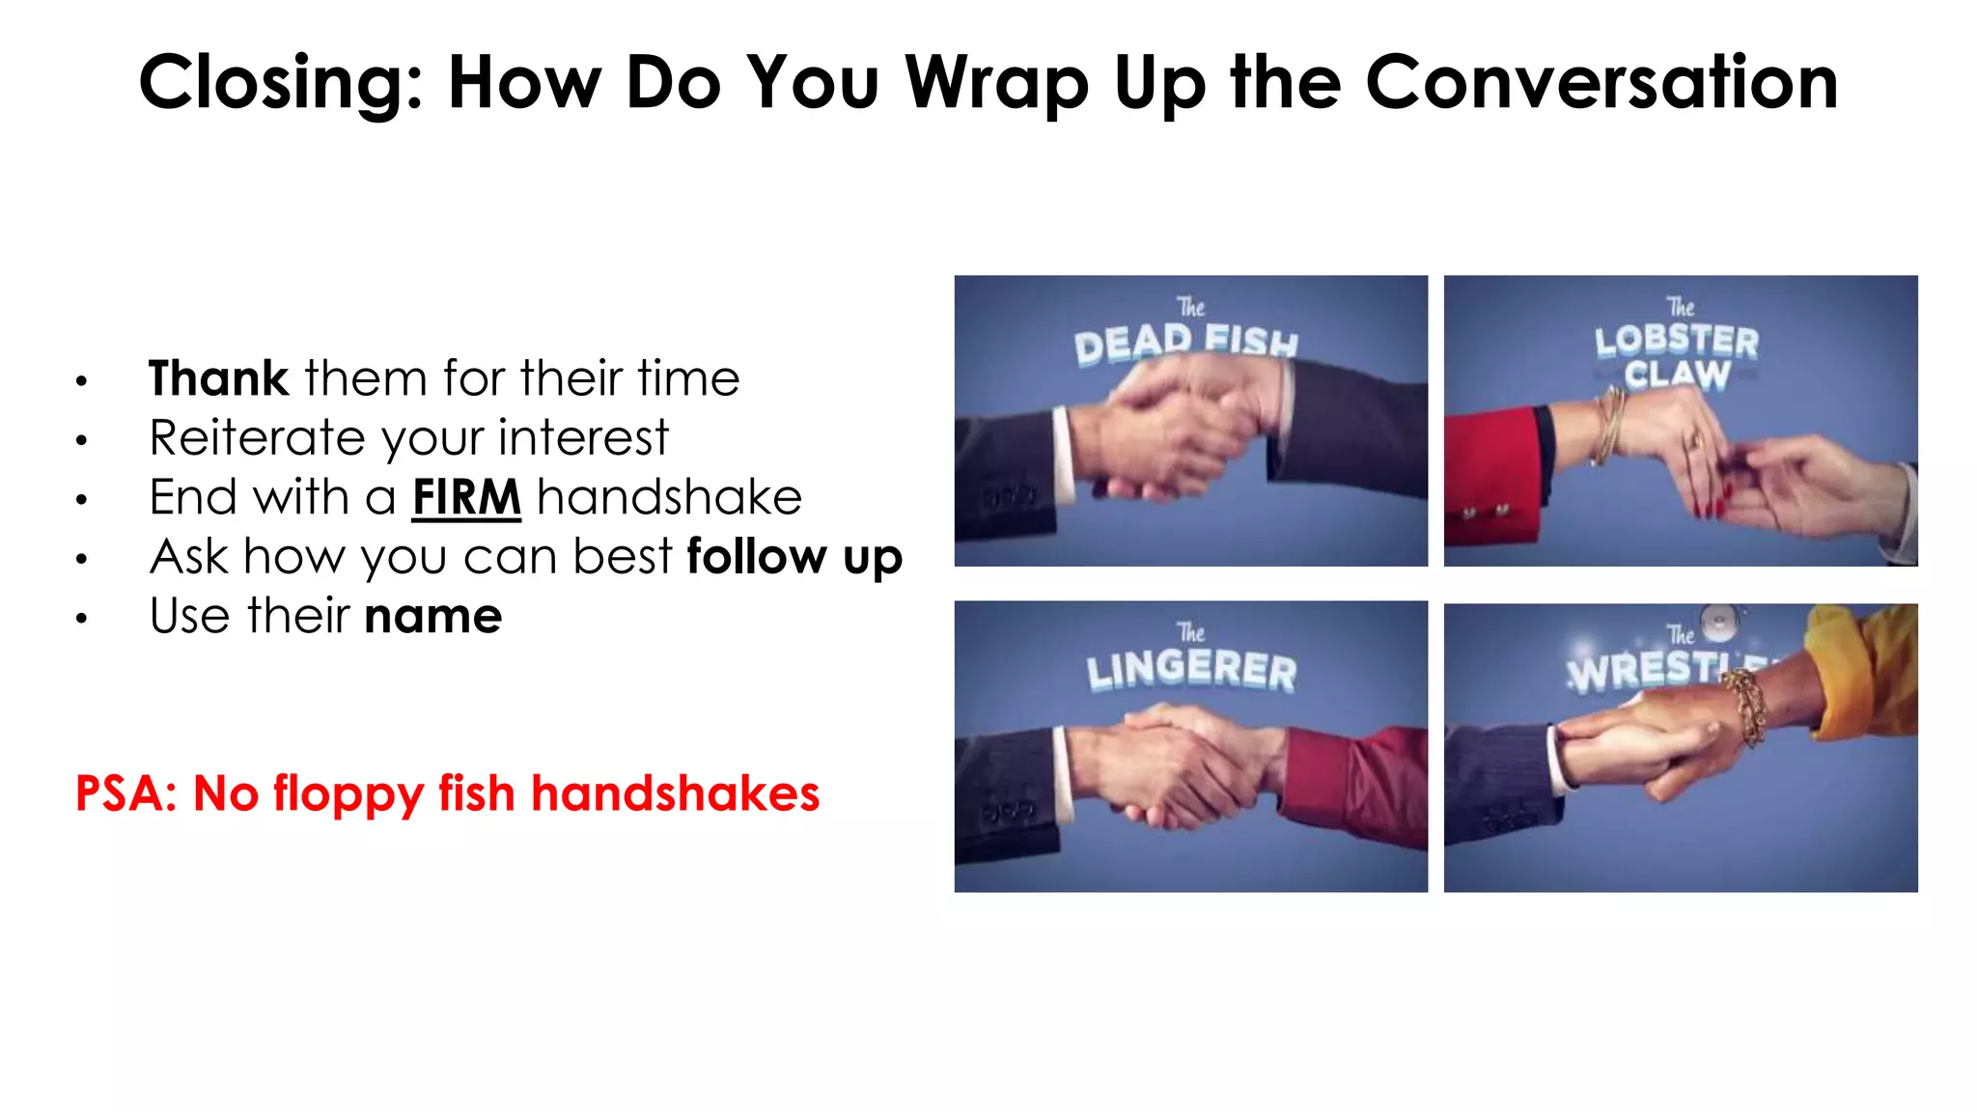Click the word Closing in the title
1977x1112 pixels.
coord(281,83)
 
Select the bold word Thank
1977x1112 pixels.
coord(218,377)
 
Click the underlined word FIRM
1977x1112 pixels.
coord(466,497)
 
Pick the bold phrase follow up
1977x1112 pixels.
coord(794,557)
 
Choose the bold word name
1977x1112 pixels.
coord(433,616)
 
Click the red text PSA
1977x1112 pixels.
coord(125,793)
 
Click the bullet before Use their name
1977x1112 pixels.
coord(82,619)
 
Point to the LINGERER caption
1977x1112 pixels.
coord(1191,669)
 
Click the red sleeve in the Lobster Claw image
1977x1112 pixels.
coord(1492,473)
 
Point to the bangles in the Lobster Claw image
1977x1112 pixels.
coord(1610,425)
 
